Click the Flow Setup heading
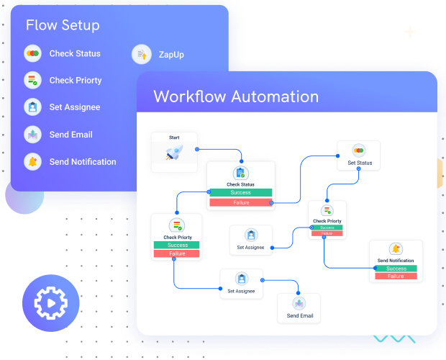pyautogui.click(x=63, y=25)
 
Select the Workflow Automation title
pyautogui.click(x=236, y=96)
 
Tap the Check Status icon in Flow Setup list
pyautogui.click(x=32, y=54)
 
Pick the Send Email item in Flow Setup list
pyautogui.click(x=70, y=135)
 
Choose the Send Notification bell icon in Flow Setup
pyautogui.click(x=32, y=162)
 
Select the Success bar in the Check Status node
pyautogui.click(x=240, y=193)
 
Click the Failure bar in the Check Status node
pyautogui.click(x=240, y=203)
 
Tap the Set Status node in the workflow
pyautogui.click(x=359, y=155)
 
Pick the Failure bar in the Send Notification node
pyautogui.click(x=396, y=276)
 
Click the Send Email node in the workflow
pyautogui.click(x=299, y=307)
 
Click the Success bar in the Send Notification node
pyautogui.click(x=396, y=269)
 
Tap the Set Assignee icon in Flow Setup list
pyautogui.click(x=32, y=107)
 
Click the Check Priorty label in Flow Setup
pyautogui.click(x=76, y=81)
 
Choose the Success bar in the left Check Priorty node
pyautogui.click(x=177, y=246)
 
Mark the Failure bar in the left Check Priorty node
pyautogui.click(x=177, y=253)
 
